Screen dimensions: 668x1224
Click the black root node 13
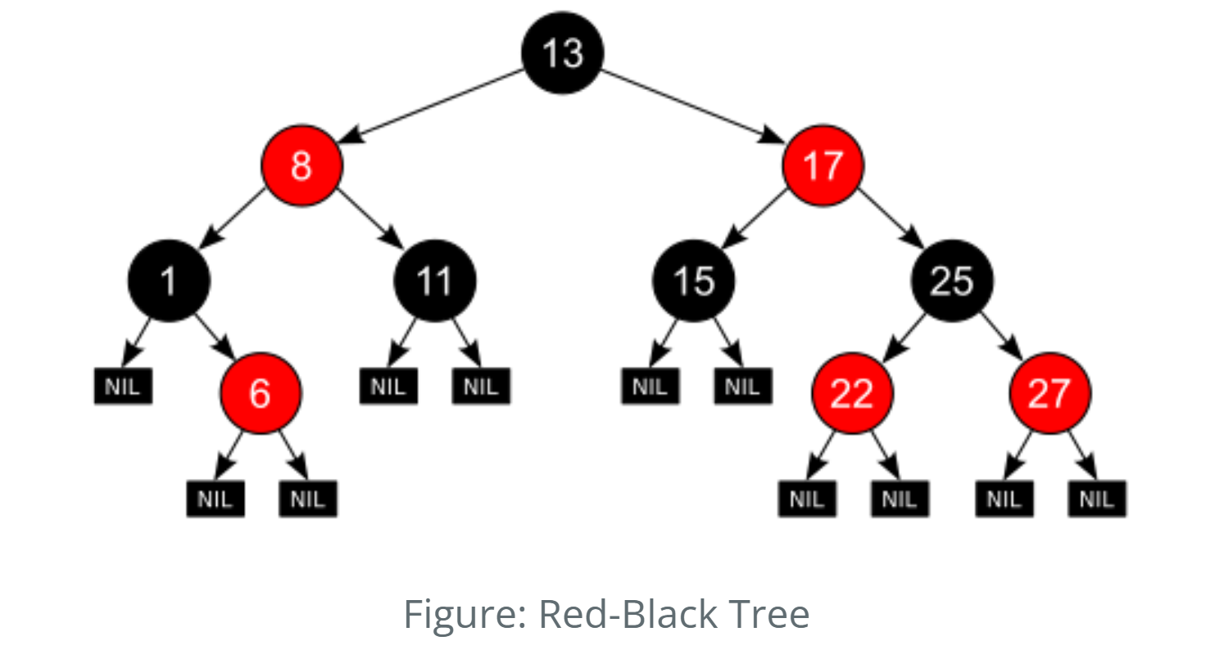563,53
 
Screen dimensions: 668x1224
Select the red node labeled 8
301,166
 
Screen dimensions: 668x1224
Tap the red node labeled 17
823,166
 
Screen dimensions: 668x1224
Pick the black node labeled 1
169,281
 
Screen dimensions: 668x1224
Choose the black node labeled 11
434,281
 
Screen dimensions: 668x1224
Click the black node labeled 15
693,281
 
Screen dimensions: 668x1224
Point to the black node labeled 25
951,281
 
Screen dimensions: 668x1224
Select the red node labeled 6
260,393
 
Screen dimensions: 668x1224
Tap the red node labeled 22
852,393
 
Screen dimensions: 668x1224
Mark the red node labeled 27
1049,393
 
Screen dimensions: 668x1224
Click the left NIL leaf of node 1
123,386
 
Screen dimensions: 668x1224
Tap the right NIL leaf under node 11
481,386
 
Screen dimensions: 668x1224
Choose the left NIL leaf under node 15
650,386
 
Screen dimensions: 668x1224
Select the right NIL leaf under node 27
1096,499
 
